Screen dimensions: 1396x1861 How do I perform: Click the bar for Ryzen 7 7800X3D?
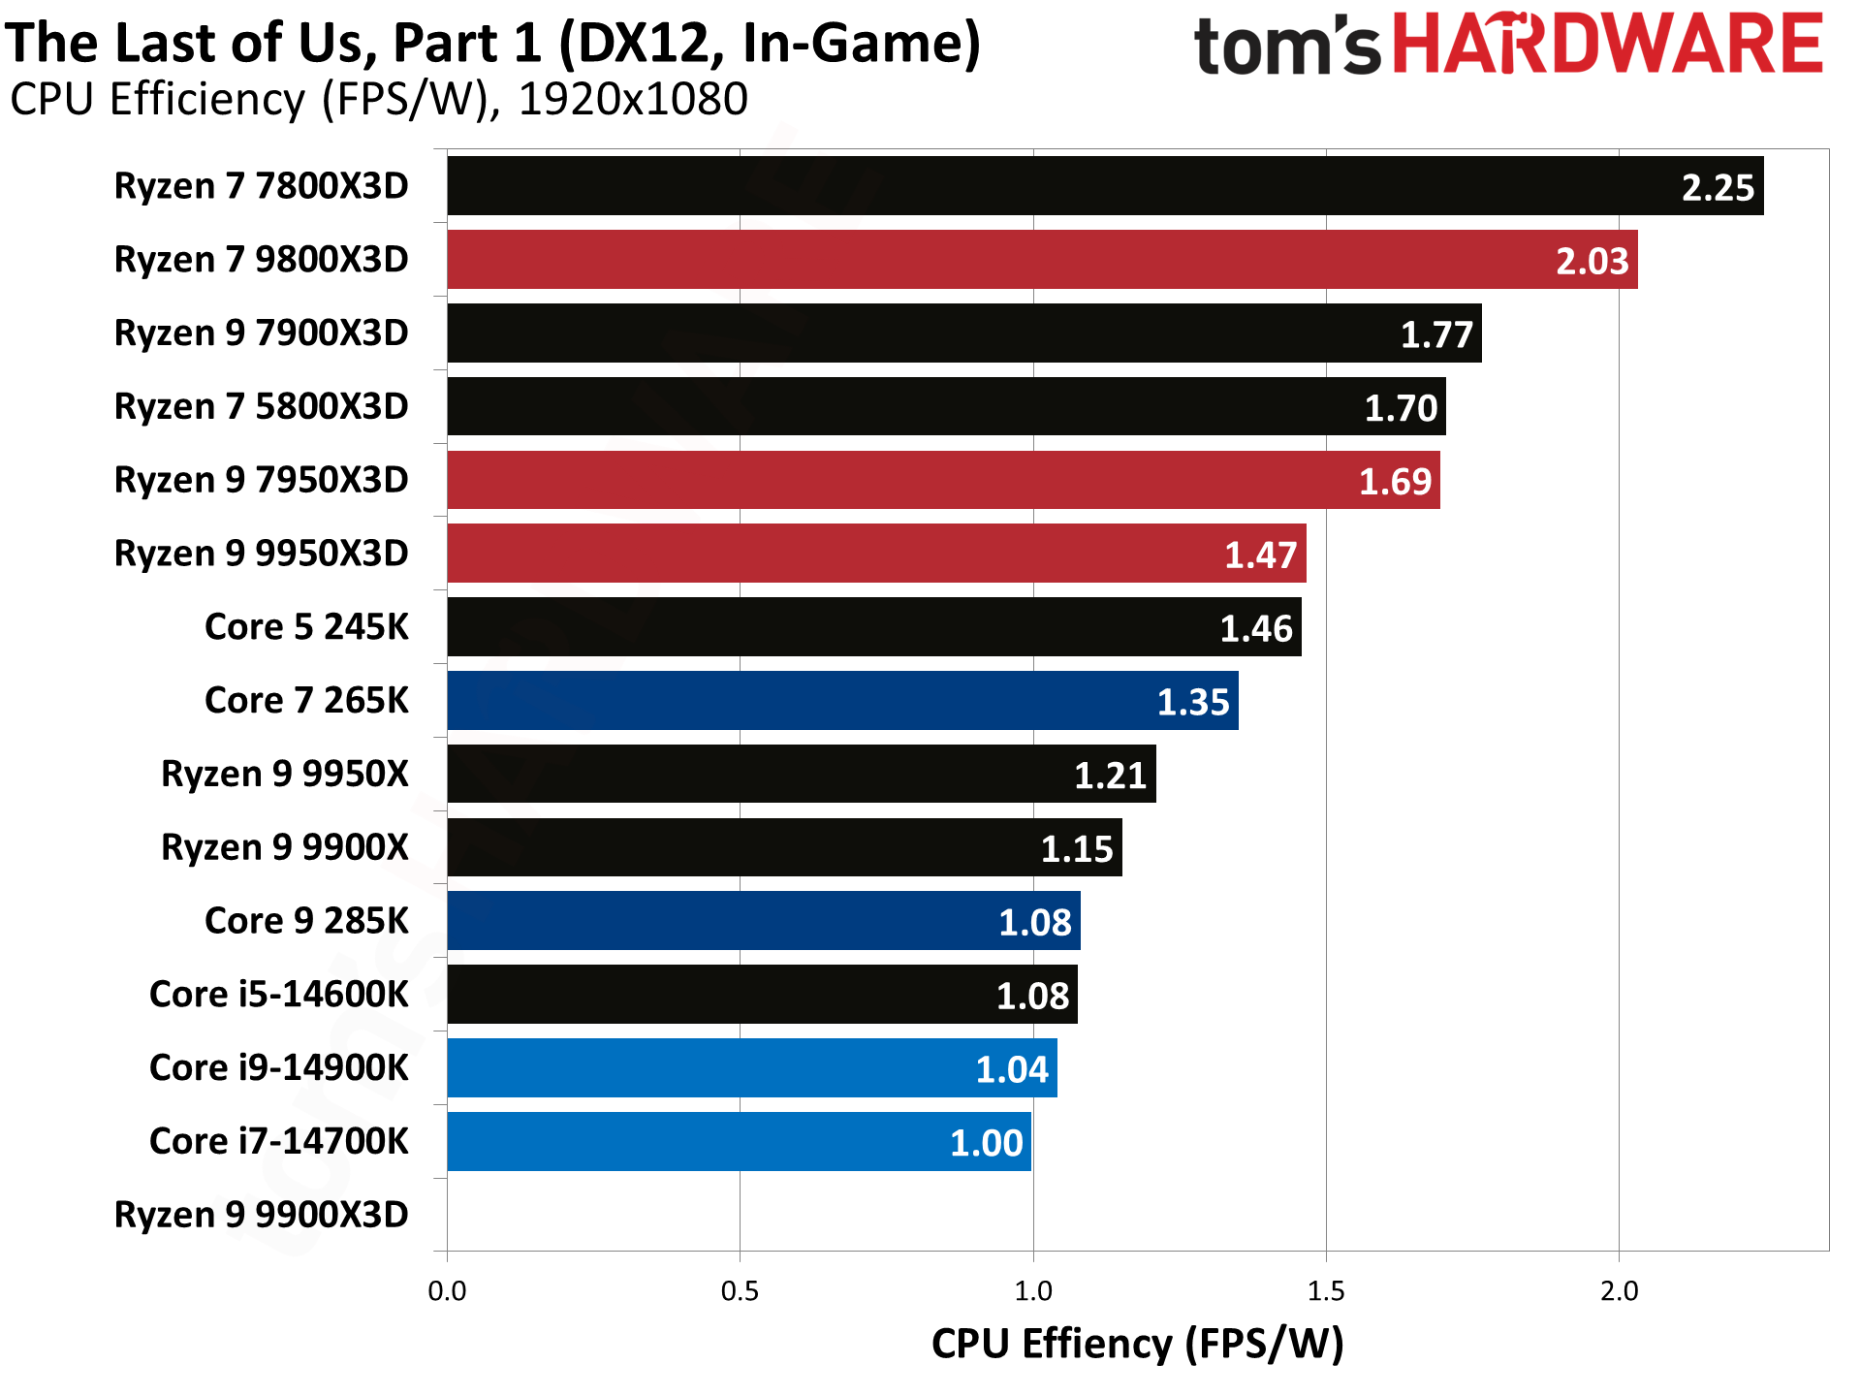click(x=1105, y=186)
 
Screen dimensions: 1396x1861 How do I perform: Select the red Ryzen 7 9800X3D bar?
click(x=1042, y=260)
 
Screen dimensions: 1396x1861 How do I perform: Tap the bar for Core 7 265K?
click(x=842, y=701)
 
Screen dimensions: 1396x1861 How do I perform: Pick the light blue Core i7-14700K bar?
click(x=739, y=1142)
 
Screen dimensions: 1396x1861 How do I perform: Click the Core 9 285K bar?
click(x=764, y=921)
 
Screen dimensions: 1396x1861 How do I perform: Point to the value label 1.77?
click(x=1436, y=334)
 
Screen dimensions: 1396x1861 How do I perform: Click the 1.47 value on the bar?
click(x=1260, y=555)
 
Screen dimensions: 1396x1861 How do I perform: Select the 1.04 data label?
click(x=1011, y=1069)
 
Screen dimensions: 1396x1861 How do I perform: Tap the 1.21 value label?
click(x=1110, y=776)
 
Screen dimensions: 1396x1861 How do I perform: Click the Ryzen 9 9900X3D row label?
click(x=261, y=1215)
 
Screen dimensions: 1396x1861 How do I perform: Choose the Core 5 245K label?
click(x=306, y=627)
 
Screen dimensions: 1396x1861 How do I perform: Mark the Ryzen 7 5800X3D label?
click(x=261, y=406)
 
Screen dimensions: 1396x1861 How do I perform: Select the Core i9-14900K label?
click(x=279, y=1067)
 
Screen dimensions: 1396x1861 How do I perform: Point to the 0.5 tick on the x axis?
click(x=740, y=1291)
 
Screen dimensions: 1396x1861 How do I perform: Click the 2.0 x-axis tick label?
click(x=1619, y=1291)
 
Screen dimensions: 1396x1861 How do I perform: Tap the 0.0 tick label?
click(x=447, y=1291)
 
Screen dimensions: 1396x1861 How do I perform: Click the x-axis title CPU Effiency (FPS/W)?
click(x=1137, y=1345)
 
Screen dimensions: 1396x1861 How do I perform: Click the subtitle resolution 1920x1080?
click(x=633, y=99)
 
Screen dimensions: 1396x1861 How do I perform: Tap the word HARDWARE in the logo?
click(x=1608, y=45)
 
